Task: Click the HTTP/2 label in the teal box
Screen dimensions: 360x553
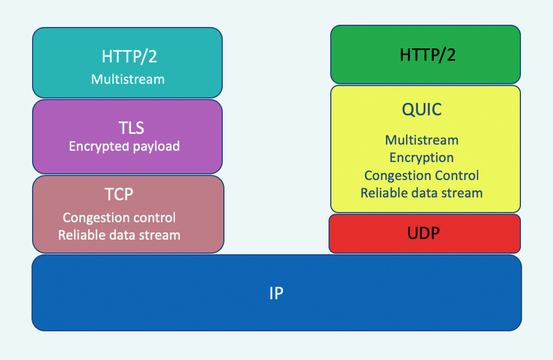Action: point(128,56)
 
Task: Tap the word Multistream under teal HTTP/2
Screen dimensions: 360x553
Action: point(128,79)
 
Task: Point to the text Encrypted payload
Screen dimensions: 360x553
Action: point(124,146)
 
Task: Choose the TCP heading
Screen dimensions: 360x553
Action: point(119,194)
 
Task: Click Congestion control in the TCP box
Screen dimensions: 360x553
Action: point(119,217)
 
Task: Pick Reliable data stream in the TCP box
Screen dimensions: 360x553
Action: point(119,235)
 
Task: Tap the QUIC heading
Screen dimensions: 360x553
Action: point(422,109)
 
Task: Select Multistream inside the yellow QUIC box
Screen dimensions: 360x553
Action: point(422,139)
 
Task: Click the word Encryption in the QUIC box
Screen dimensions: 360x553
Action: point(422,157)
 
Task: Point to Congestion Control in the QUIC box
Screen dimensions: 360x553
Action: point(422,175)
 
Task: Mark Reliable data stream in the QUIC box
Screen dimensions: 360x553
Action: point(422,193)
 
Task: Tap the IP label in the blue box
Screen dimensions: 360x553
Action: point(276,293)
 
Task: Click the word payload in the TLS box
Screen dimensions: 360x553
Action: point(153,147)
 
